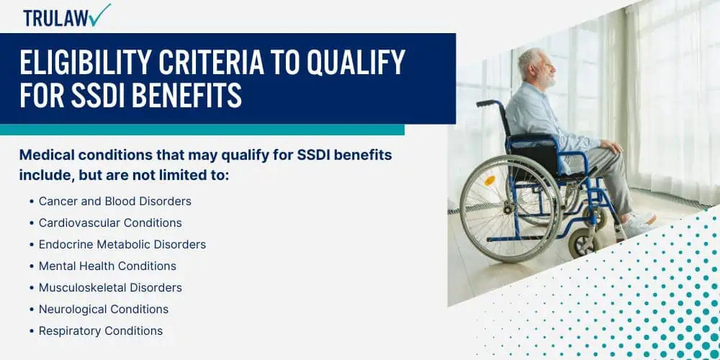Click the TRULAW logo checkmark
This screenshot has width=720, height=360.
101,14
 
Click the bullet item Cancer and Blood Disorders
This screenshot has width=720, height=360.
114,201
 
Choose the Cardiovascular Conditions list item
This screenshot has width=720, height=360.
110,222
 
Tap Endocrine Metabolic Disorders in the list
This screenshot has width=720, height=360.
122,244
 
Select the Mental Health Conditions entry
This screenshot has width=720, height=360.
107,266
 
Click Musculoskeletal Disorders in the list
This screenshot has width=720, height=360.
110,287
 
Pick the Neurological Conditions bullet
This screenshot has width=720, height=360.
103,309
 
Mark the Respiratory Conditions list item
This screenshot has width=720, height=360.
101,330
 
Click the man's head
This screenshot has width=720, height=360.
537,68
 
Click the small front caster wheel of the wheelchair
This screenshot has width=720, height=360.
584,242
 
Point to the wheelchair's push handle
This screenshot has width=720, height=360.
487,103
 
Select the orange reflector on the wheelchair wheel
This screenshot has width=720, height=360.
490,181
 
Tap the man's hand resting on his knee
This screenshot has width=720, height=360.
611,148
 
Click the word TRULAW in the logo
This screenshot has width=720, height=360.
56,18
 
